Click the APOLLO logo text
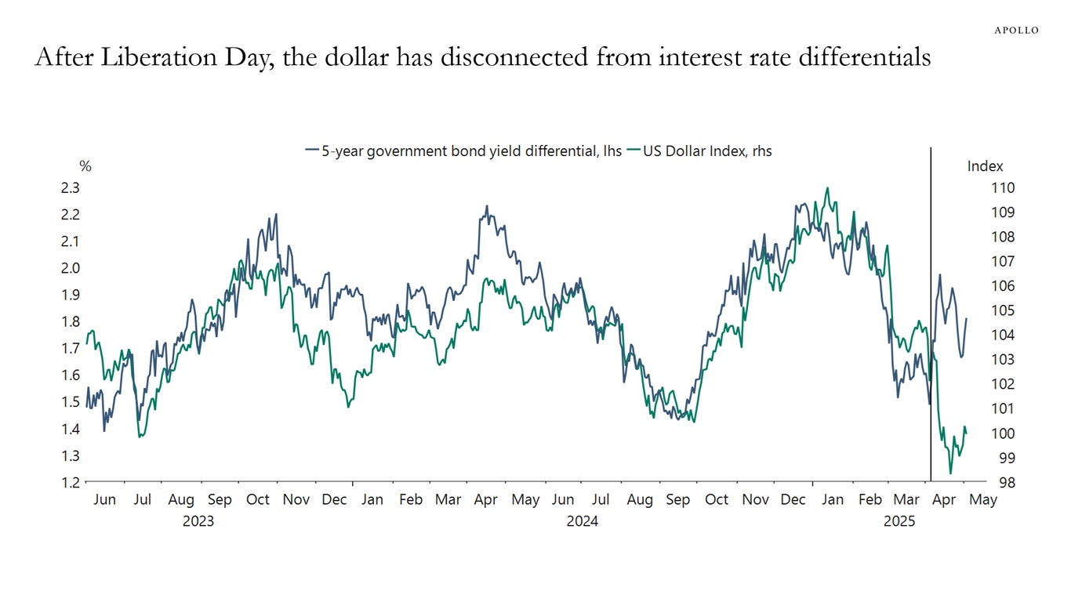point(1016,30)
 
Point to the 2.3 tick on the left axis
point(70,188)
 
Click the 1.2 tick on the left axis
point(70,482)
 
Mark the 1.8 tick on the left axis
point(70,321)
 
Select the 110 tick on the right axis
point(982,188)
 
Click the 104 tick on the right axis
point(982,335)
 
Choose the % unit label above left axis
point(85,166)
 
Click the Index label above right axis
point(985,166)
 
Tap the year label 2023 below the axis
point(198,520)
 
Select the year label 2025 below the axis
point(899,520)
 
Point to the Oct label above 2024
point(716,500)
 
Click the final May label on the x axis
point(983,500)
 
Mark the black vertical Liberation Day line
point(931,314)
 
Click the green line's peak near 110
point(827,188)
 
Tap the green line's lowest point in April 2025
point(950,473)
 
